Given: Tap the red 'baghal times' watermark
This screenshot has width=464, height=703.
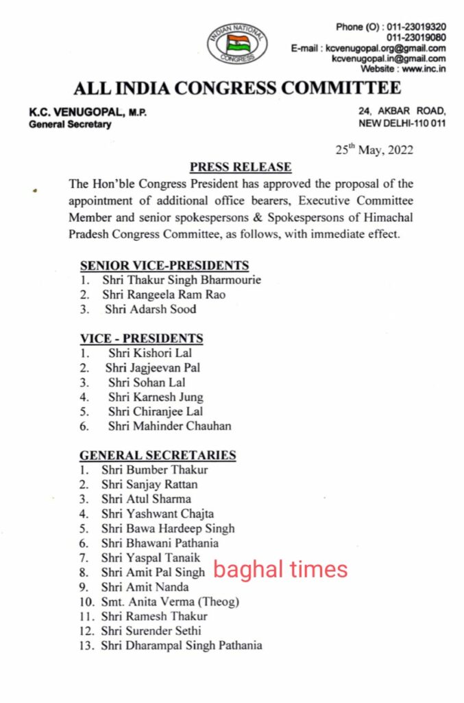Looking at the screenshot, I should [281, 569].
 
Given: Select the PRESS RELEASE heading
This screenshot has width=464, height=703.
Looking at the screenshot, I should [240, 167].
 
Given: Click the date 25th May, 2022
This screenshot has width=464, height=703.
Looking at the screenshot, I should [374, 150].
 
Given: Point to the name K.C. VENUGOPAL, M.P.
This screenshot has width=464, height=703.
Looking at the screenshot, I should [88, 112].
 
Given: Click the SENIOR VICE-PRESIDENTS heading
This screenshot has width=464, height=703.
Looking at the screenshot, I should [164, 266].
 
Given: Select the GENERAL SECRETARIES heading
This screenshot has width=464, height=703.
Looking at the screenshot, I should [158, 455].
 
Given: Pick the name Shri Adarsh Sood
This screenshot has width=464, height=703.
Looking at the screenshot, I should [150, 309].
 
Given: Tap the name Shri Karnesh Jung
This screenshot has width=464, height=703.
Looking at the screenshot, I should [156, 397].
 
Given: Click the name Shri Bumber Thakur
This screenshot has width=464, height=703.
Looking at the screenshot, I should [154, 470].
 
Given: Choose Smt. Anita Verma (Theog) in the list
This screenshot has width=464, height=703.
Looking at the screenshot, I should [170, 601].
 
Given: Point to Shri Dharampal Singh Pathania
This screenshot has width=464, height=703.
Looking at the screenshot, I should [181, 645].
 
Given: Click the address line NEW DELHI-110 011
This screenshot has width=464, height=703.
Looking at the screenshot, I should [402, 124].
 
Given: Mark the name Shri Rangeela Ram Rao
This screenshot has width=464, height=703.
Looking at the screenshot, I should [164, 295].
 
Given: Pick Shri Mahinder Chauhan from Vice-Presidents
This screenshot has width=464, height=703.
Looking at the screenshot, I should [169, 426].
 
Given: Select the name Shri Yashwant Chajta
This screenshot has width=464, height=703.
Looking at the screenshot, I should [157, 514].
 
